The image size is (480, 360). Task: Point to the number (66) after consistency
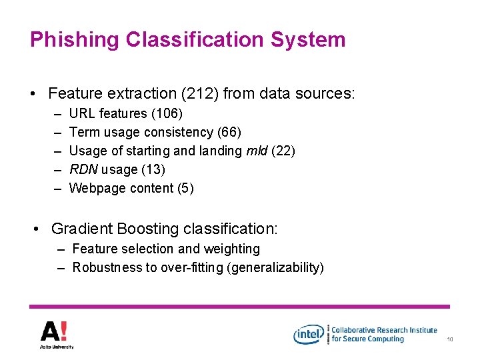coord(229,132)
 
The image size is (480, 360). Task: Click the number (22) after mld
coord(283,151)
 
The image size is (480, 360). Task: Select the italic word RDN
coord(83,169)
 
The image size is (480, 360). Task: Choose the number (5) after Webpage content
coord(185,188)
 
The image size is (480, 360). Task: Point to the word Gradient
coord(81,229)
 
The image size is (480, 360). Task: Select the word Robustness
coord(104,268)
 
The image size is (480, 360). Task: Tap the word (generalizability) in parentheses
coord(275,268)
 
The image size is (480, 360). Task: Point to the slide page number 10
coord(450,340)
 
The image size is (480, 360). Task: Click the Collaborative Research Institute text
coord(384,330)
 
